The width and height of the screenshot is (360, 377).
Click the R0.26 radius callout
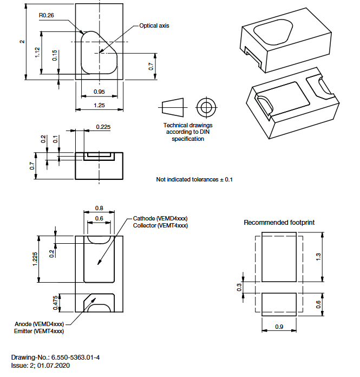point(46,16)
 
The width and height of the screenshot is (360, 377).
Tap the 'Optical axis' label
point(154,25)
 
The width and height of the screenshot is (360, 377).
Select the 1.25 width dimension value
point(99,105)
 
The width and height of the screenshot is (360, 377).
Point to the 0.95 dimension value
point(99,92)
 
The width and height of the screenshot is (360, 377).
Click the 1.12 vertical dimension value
point(37,53)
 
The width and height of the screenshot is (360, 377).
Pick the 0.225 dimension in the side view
point(103,127)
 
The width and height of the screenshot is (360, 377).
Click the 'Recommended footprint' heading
point(279,222)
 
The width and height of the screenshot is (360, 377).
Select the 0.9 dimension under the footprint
point(279,327)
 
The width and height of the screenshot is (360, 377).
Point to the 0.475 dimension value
point(55,302)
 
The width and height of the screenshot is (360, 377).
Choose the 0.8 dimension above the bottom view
point(99,208)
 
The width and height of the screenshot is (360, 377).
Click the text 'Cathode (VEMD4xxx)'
point(160,218)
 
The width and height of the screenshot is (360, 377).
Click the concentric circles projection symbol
point(205,106)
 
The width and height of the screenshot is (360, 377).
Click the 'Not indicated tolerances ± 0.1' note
point(194,179)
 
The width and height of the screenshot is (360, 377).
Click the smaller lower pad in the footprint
point(279,304)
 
